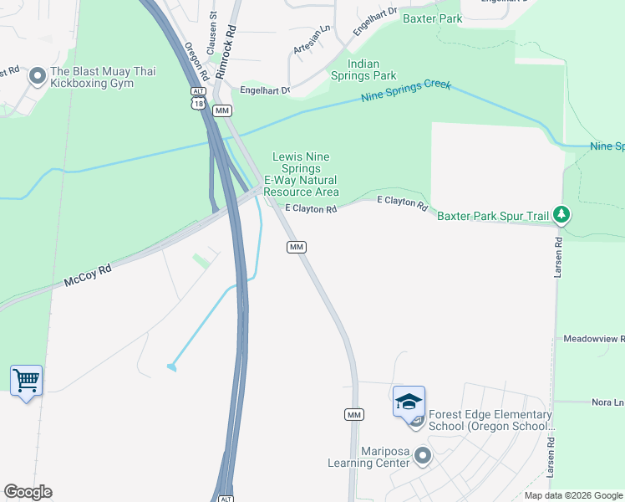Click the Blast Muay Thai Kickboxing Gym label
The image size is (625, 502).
[x=103, y=77]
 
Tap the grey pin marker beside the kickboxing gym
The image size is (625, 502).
[x=37, y=77]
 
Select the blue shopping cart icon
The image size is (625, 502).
[x=27, y=381]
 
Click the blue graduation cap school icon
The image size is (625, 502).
[x=409, y=402]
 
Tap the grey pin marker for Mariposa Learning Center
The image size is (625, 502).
[x=423, y=457]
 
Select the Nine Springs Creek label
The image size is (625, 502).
[x=406, y=92]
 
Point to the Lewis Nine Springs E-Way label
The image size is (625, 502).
[x=301, y=174]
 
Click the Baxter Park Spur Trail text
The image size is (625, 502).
[x=494, y=216]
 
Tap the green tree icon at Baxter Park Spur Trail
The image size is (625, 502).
[x=562, y=216]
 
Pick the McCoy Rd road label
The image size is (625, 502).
[x=88, y=277]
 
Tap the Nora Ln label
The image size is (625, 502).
[x=607, y=402]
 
